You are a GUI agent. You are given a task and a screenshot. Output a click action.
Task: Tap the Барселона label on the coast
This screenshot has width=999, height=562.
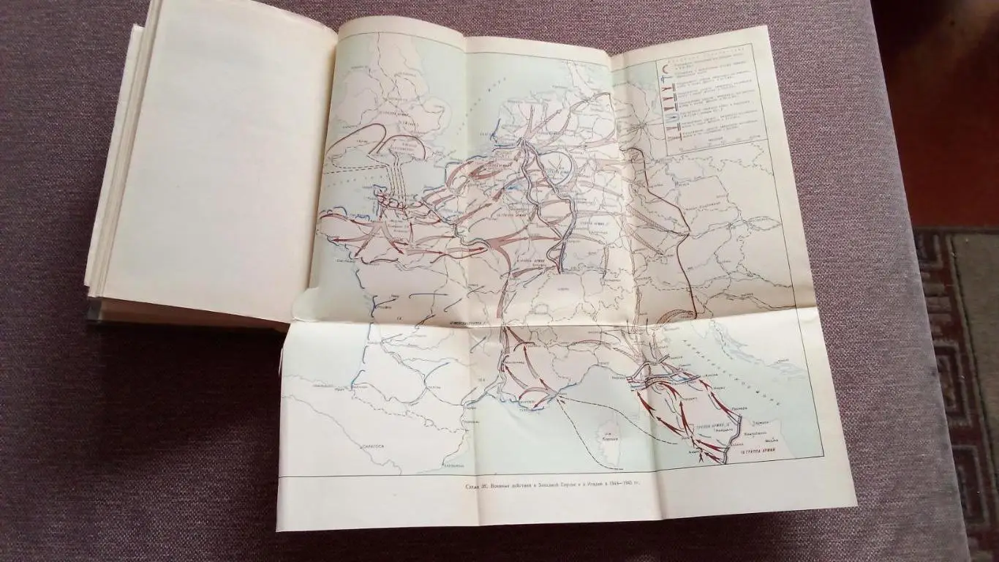point(454,464)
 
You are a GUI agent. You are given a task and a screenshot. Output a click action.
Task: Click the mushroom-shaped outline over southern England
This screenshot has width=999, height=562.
point(406,150)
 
